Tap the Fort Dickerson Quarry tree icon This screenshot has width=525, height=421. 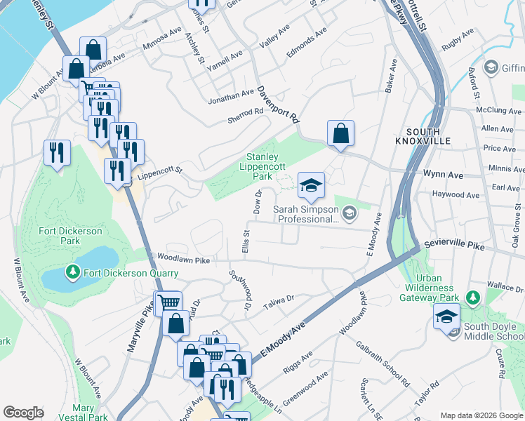coord(72,272)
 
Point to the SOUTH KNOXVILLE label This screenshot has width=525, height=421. coord(423,136)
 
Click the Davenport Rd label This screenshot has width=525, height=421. coord(277,106)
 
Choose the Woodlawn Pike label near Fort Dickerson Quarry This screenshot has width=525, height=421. coord(184,260)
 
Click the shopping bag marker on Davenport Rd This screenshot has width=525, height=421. coord(340,133)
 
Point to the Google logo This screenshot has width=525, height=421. coord(23,413)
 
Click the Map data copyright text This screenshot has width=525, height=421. coord(481,415)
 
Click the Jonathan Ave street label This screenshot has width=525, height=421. coord(231,97)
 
